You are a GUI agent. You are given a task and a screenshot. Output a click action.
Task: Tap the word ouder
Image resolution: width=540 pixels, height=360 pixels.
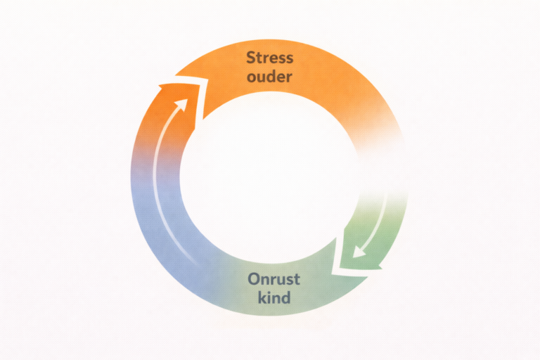270,77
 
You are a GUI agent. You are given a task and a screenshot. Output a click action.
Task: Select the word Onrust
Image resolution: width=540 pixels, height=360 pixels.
274,278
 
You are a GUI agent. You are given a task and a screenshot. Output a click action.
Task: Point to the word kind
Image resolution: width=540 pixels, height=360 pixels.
274,297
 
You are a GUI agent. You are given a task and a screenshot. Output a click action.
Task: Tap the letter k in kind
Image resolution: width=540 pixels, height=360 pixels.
262,297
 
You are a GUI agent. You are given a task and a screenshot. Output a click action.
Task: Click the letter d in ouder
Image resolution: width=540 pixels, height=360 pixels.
273,76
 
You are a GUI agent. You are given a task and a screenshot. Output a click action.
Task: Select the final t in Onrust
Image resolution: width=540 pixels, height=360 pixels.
297,279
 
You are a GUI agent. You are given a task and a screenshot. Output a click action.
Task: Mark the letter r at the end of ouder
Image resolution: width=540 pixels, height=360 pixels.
289,77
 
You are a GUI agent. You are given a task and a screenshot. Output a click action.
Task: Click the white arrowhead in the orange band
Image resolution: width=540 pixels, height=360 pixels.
184,103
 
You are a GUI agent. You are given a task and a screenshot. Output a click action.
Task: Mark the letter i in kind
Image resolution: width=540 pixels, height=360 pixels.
271,297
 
